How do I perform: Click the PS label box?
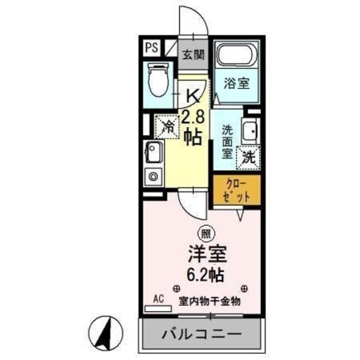click(151, 47)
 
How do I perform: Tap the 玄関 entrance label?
click(192, 56)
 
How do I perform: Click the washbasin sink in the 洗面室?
click(249, 130)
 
